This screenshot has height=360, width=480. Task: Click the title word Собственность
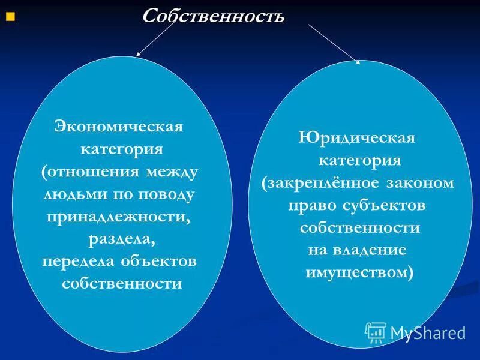click(212, 16)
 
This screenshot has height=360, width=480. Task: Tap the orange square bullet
click(9, 17)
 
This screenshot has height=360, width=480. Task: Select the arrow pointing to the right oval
click(334, 43)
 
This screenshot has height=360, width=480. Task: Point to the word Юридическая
click(356, 137)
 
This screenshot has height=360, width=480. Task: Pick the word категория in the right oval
click(359, 160)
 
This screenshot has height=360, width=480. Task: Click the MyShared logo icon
click(376, 331)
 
